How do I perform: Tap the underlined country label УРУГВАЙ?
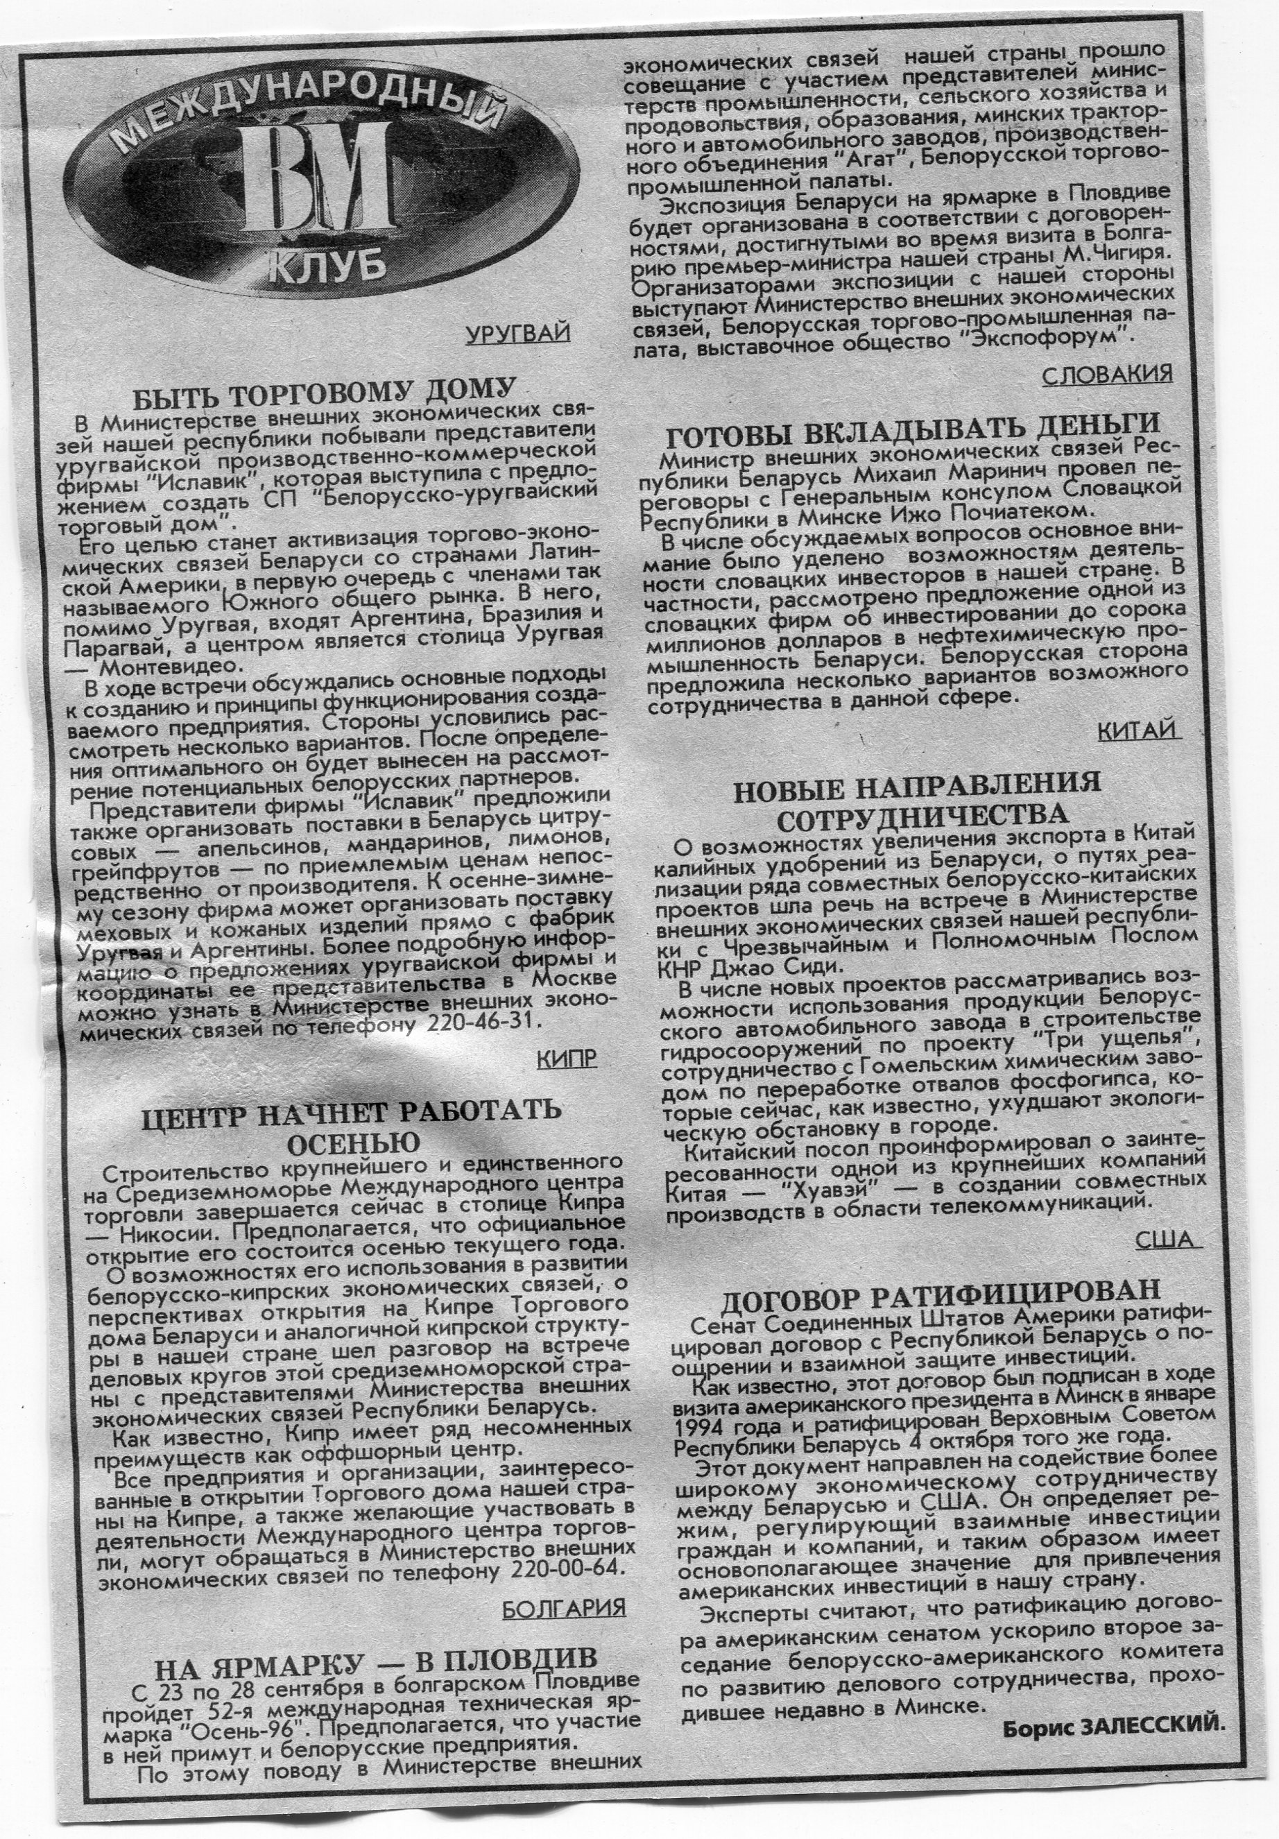coord(517,332)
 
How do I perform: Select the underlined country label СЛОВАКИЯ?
coord(1108,373)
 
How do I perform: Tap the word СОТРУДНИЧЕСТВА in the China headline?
coord(922,816)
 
